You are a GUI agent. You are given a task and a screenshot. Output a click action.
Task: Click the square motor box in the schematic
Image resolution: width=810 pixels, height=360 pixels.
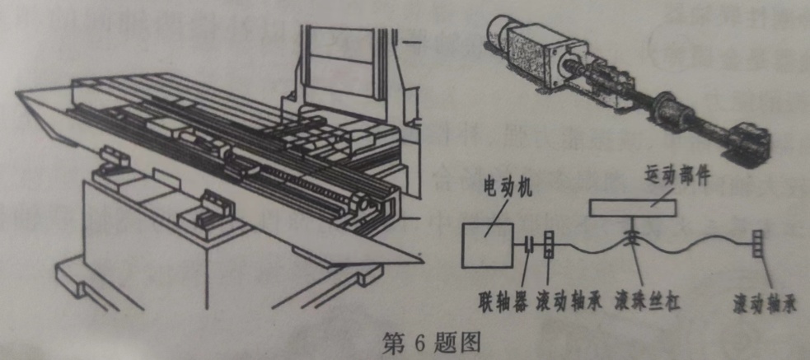point(487,245)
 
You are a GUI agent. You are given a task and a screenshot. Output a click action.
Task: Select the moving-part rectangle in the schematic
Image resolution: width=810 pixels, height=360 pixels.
point(632,208)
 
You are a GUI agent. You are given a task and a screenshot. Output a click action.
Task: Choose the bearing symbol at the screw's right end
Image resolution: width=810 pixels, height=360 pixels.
point(756,243)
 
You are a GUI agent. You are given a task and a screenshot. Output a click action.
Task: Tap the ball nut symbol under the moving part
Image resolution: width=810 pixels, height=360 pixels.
point(631,237)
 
